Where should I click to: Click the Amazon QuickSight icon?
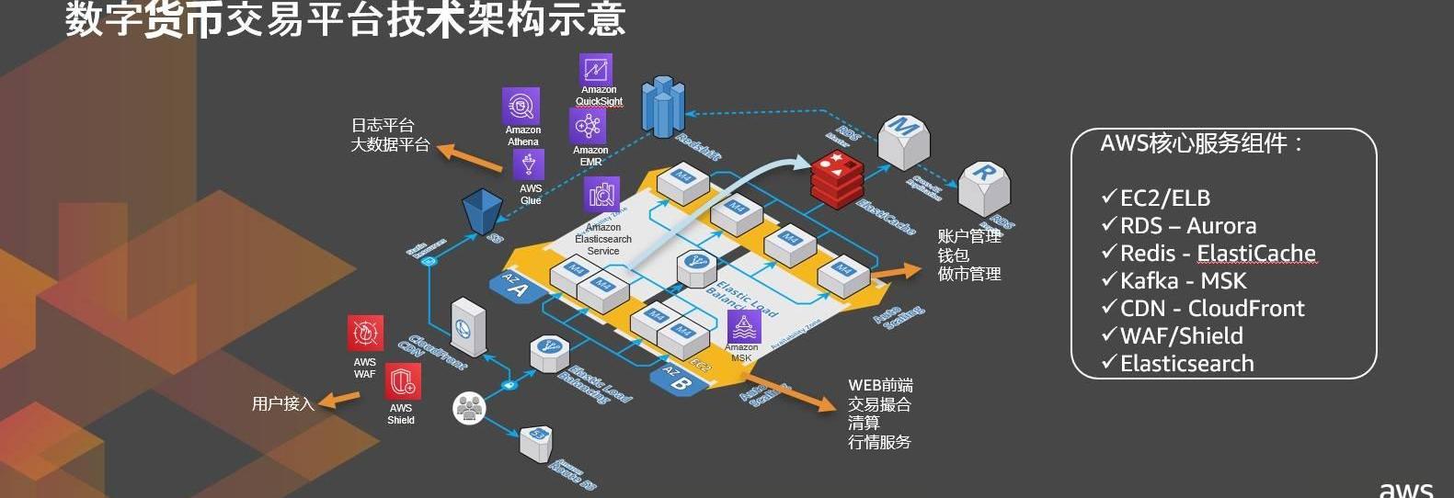point(595,69)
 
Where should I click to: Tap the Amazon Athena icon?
point(521,106)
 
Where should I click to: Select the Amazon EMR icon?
point(588,126)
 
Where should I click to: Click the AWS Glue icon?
point(529,165)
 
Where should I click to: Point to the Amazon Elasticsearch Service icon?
point(601,195)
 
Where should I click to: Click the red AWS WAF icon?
point(365,334)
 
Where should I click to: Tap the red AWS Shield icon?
point(402,381)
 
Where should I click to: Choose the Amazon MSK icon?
point(743,326)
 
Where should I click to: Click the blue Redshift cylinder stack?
point(663,106)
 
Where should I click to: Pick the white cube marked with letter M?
point(903,141)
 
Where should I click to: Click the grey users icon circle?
point(469,407)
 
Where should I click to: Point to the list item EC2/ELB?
point(1164,198)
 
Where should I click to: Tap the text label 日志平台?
point(383,126)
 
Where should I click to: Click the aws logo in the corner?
point(1405,488)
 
